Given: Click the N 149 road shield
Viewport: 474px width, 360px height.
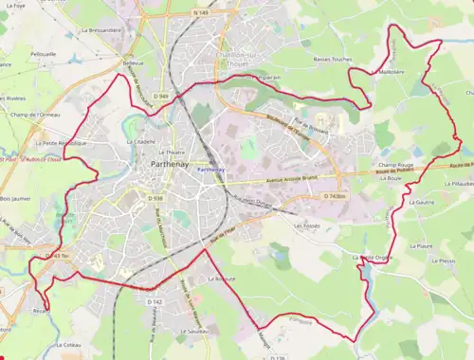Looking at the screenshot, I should (198, 13).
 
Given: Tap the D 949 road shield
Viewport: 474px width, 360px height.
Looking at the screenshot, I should (163, 97).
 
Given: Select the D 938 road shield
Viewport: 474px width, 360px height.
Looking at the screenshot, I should (157, 199).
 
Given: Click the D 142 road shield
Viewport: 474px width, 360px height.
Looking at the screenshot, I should (155, 301).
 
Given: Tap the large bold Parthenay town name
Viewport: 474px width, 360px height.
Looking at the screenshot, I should (173, 165).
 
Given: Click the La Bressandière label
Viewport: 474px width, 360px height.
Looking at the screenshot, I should (101, 30).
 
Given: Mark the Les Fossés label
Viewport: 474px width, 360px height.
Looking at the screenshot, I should (308, 226).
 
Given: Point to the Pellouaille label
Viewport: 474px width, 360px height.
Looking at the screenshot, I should (43, 54).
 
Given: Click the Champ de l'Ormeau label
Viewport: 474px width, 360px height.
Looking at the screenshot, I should (34, 115).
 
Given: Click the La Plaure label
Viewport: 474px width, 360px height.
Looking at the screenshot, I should (420, 244).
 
